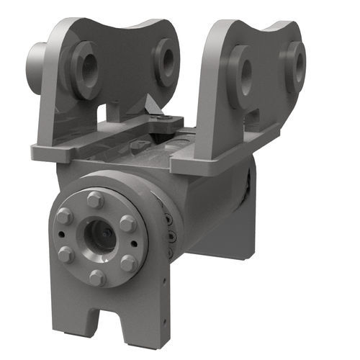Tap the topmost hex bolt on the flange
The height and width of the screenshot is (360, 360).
[x=95, y=199]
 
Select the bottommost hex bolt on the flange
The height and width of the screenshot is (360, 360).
[x=96, y=276]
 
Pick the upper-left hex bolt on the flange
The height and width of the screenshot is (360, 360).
[x=64, y=217]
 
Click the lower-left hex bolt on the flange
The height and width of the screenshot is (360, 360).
[x=65, y=255]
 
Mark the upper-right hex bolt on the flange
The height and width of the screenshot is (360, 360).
[x=128, y=223]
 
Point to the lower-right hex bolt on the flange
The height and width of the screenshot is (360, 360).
[x=129, y=263]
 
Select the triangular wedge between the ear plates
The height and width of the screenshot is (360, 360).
[x=153, y=106]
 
